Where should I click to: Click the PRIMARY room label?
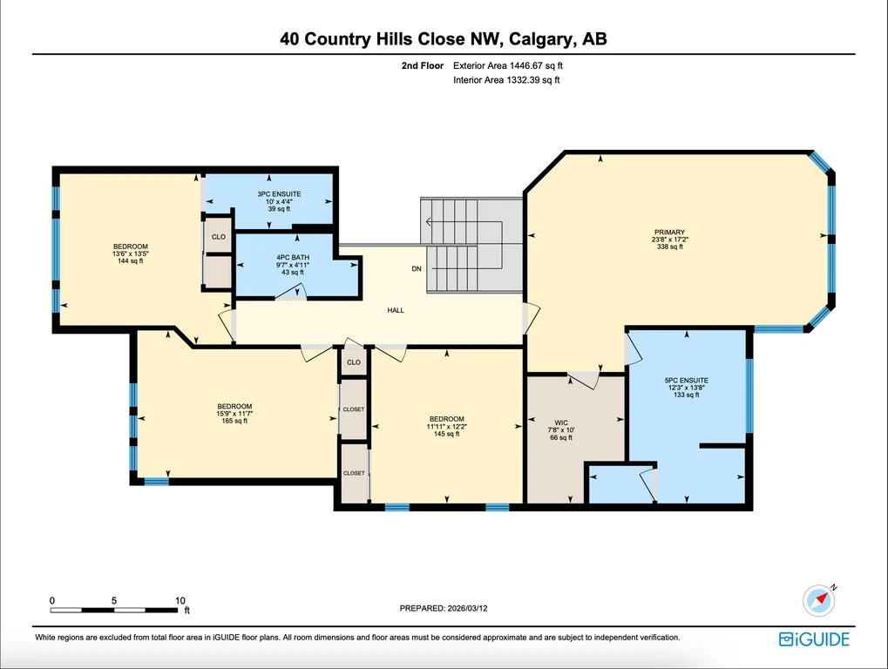669,232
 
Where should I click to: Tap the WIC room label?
561,422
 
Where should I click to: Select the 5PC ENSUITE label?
687,381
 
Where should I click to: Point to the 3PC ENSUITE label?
279,194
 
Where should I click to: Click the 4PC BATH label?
293,258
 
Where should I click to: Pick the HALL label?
396,310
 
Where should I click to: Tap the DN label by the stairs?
417,269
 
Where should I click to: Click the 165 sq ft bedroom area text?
234,421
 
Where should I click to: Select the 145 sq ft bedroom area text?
446,434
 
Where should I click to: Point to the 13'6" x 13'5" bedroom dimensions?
130,253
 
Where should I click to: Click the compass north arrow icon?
819,600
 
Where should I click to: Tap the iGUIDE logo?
815,639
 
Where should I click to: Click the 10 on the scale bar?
180,600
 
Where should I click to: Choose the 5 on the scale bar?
114,600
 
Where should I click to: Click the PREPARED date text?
444,608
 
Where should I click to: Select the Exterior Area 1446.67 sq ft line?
508,65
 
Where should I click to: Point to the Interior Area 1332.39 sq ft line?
506,80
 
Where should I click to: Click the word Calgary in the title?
541,39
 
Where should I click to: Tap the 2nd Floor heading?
423,65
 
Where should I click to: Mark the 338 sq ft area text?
669,247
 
